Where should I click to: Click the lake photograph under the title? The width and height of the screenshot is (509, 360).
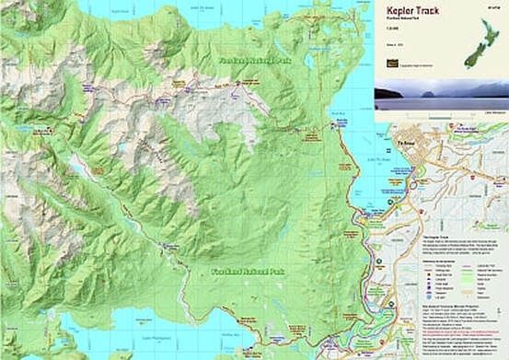click(x=441, y=94)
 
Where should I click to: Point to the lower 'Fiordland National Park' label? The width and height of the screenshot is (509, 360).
click(x=244, y=273)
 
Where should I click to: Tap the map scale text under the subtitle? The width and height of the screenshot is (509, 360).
click(x=391, y=39)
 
